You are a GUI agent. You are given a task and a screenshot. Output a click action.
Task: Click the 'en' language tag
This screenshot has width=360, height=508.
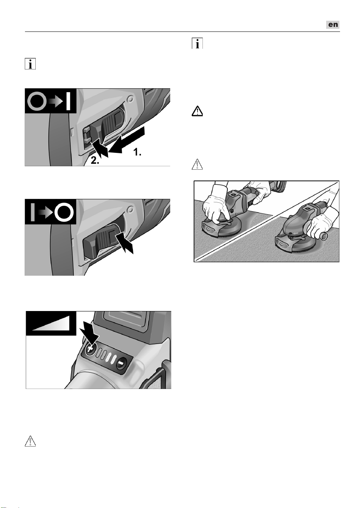[333, 25]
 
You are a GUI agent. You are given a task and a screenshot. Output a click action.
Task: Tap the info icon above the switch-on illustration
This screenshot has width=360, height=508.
[30, 64]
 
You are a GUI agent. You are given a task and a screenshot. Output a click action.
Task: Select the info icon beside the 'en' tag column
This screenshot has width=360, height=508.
[197, 43]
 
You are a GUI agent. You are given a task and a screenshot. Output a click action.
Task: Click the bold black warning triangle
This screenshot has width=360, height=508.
[197, 111]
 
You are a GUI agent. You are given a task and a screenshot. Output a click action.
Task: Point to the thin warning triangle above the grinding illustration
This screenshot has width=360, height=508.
[197, 164]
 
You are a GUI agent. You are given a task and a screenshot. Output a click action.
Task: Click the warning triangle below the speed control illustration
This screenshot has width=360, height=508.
[30, 441]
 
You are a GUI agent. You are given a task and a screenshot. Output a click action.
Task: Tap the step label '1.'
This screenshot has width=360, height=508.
[137, 152]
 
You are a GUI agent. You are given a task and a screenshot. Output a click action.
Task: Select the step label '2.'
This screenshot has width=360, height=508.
[95, 161]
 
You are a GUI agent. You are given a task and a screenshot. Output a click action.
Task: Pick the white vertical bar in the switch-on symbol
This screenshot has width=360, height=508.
[68, 101]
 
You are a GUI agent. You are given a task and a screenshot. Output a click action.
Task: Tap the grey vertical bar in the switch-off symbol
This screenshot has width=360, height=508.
[33, 212]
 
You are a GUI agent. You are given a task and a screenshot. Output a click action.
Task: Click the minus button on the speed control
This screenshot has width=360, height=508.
[121, 363]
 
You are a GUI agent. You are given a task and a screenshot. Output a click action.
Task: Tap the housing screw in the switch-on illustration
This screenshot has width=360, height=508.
[130, 99]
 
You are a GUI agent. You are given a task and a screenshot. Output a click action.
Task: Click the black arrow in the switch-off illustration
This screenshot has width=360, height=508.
[124, 243]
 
